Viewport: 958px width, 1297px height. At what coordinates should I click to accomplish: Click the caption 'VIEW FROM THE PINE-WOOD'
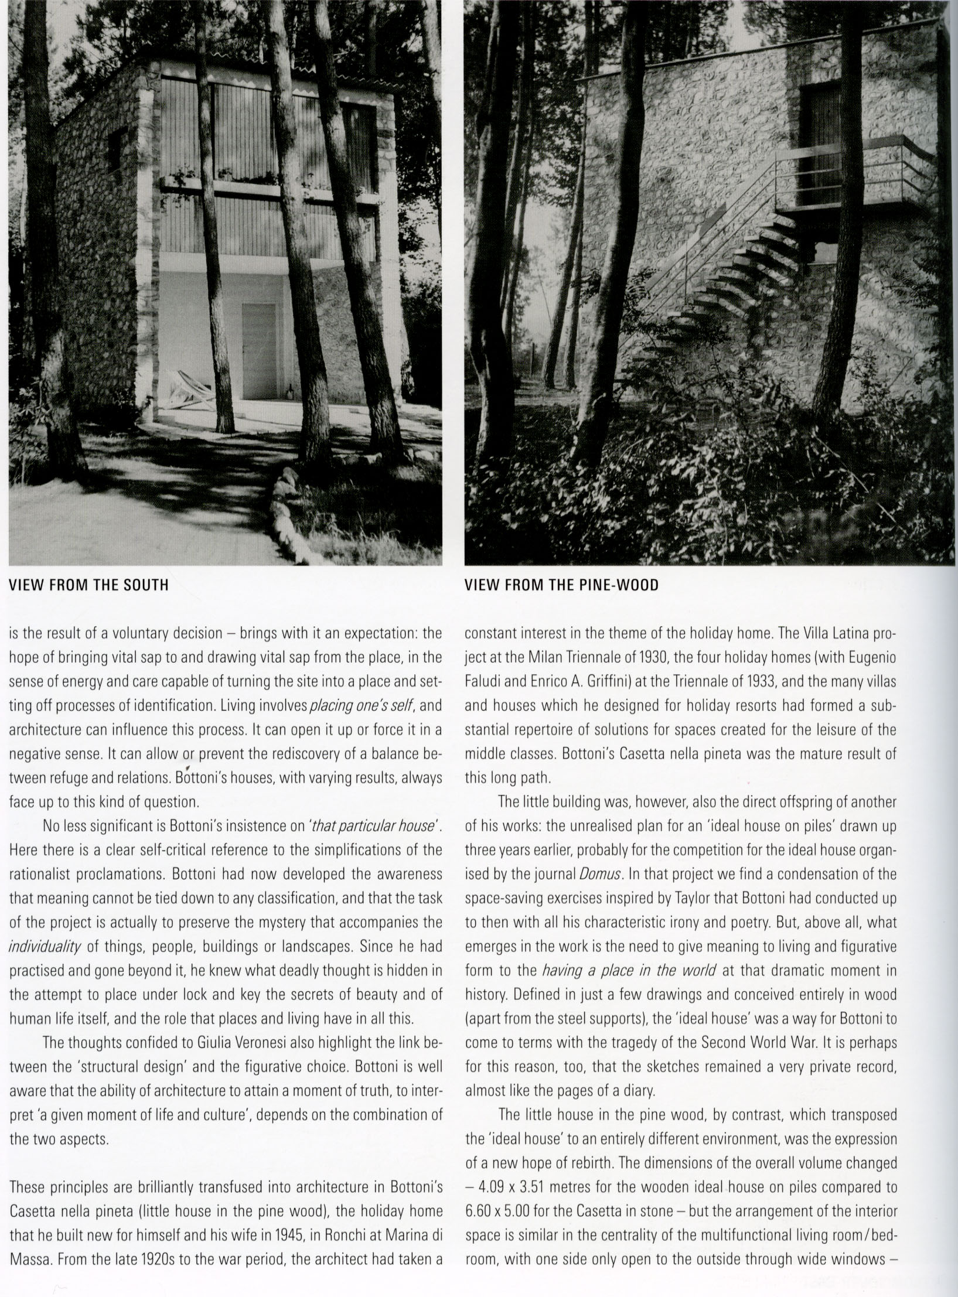[561, 585]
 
